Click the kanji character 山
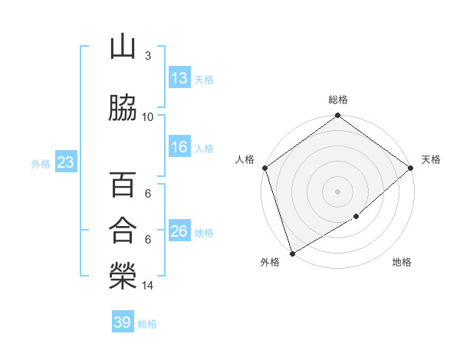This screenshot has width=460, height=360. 122,47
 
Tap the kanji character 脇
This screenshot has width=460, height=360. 122,108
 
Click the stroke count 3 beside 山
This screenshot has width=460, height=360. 148,56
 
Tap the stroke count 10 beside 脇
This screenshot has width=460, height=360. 148,116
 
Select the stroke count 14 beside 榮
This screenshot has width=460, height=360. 148,286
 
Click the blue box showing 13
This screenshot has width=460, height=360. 179,78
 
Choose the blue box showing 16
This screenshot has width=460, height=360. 179,147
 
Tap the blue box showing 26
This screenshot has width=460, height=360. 179,231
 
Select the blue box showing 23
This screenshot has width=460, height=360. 65,162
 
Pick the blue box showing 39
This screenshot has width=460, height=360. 122,322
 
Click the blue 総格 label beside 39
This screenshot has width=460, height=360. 147,323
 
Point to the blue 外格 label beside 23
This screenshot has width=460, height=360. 41,163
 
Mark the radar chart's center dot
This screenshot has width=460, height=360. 337,191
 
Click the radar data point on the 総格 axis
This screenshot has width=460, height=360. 337,116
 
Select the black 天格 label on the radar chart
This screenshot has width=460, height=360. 431,159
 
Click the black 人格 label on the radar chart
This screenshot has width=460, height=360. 245,159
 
